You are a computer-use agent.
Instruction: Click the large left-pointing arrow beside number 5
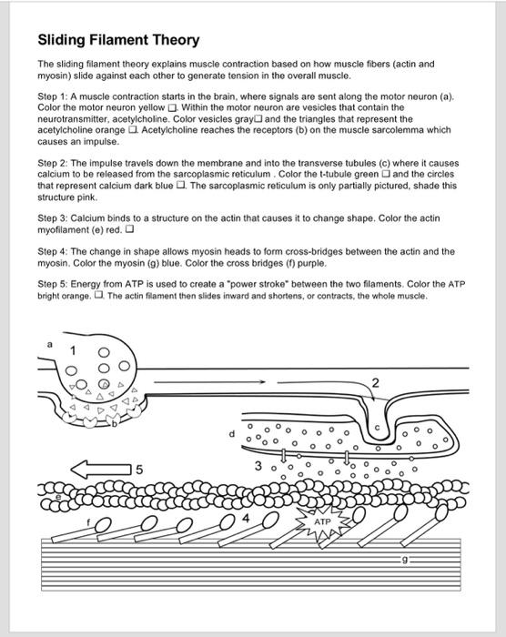tap(101, 470)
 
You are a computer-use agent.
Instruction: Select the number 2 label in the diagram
tap(375, 380)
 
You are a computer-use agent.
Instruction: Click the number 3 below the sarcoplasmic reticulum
tap(259, 467)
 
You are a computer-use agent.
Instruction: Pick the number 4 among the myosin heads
tap(243, 518)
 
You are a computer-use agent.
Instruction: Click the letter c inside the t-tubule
tap(379, 424)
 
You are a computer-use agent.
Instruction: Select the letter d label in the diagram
tap(233, 433)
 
